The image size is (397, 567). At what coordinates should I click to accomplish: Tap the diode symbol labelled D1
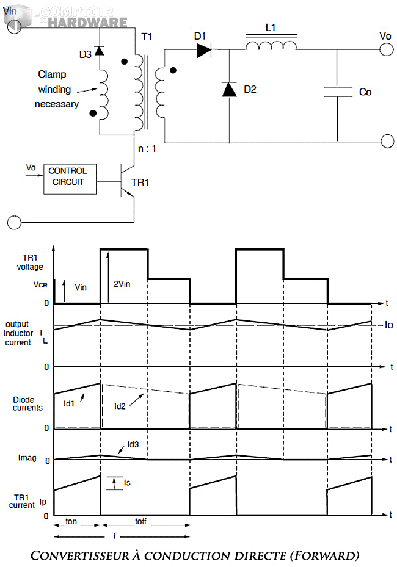(x=204, y=51)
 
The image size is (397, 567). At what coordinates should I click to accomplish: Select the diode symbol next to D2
(x=229, y=90)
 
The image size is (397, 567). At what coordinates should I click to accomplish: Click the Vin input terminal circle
(x=13, y=24)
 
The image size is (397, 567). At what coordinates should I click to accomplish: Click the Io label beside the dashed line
(x=388, y=325)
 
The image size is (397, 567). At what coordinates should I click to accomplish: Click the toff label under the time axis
(x=140, y=522)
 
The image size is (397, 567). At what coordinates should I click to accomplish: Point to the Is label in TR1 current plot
(x=127, y=482)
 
